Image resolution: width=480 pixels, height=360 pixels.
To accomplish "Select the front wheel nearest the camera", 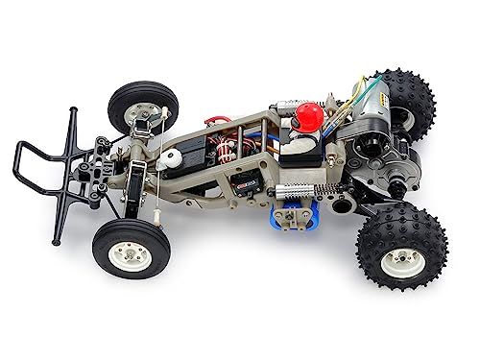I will click(124, 245).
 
